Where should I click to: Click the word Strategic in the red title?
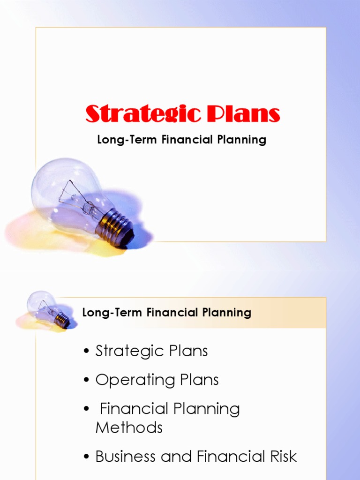point(140,114)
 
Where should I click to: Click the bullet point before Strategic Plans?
point(87,352)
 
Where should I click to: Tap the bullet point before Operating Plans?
point(87,380)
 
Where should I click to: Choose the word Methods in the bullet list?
point(129,427)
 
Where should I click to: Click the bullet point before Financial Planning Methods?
point(87,409)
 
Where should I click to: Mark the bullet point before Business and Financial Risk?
point(87,457)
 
